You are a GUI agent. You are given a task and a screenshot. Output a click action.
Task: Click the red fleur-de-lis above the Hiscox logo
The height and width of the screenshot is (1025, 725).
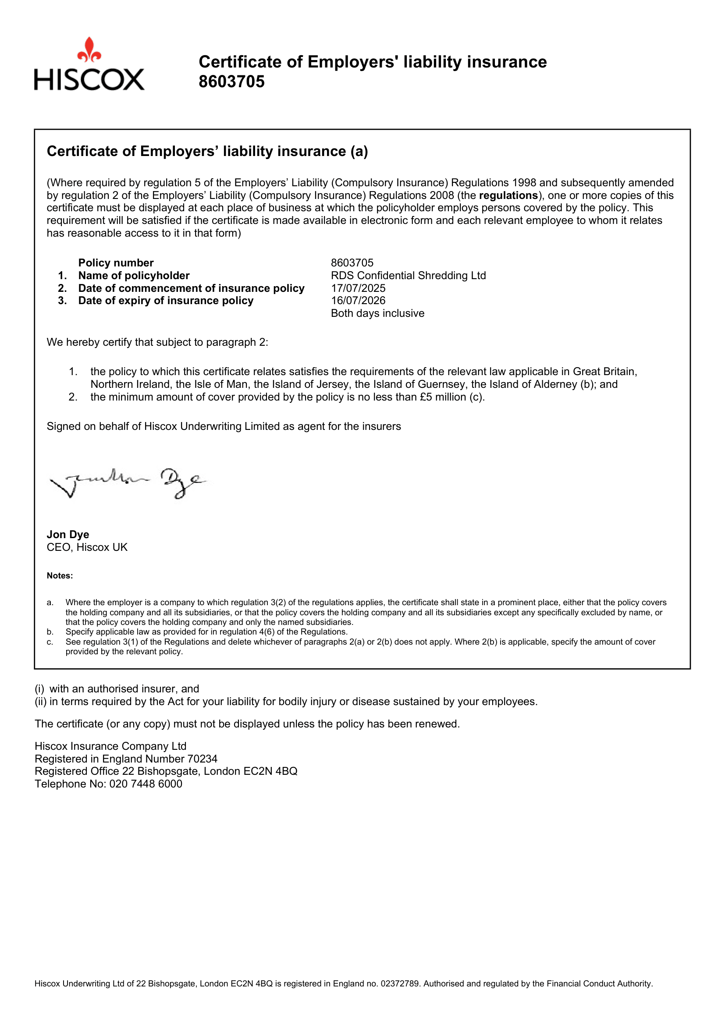pos(89,50)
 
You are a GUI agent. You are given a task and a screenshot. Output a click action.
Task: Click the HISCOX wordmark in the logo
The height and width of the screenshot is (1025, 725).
pos(89,79)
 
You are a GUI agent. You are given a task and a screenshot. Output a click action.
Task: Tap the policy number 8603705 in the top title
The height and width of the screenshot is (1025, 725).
pos(231,82)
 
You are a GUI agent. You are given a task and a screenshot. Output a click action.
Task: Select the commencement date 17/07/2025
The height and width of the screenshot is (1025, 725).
pos(358,288)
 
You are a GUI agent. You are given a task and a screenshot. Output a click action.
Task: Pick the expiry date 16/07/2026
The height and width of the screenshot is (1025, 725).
pos(358,301)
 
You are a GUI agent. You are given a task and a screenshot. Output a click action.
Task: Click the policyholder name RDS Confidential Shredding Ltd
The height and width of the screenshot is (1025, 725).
pos(408,276)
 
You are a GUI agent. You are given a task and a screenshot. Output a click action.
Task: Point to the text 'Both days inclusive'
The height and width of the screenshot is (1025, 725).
pos(377,313)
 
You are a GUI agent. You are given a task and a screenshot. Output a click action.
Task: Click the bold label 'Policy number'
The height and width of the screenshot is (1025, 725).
pos(116,262)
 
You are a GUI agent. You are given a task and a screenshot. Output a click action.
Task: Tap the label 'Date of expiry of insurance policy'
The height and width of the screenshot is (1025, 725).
pos(166,301)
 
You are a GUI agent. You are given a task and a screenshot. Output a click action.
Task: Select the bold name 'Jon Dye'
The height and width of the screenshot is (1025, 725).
pos(68,534)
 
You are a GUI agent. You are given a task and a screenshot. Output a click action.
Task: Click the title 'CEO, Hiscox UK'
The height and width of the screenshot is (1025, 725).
pos(87,547)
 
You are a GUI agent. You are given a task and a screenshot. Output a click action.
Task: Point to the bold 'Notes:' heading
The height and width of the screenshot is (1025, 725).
pos(60,576)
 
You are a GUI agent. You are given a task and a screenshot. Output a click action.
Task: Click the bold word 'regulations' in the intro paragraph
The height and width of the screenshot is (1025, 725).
pos(508,195)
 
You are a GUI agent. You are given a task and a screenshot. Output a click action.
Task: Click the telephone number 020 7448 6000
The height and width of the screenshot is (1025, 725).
pos(146,784)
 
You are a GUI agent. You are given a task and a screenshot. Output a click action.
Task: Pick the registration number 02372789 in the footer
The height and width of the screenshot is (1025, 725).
pos(400,983)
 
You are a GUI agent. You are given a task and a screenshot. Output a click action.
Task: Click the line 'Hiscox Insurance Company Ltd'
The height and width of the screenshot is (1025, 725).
pos(110,746)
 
